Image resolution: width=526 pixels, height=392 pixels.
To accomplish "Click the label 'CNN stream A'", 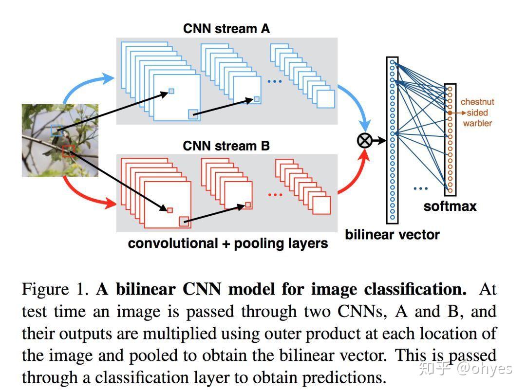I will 226,29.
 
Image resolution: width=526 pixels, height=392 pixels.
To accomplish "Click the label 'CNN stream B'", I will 226,146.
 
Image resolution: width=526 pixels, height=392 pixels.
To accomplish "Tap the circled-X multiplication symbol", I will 364,141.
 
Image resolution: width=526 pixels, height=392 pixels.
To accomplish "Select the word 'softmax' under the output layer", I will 450,206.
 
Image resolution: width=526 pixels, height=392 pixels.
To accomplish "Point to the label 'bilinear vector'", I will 392,234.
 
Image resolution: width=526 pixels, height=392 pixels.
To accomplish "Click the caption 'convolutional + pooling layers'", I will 228,243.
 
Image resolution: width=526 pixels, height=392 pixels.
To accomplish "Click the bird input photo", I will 60,140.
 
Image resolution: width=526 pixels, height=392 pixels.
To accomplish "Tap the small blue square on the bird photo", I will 57,130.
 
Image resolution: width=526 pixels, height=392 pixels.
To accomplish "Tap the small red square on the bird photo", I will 68,150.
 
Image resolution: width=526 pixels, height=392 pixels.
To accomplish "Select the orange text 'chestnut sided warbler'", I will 477,112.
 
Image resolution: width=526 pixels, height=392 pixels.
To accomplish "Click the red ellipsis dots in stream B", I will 275,195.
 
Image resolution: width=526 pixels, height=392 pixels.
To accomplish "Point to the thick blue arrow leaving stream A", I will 355,105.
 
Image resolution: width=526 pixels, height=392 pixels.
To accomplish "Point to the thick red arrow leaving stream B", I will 353,175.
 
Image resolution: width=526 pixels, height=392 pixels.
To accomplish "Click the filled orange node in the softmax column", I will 451,112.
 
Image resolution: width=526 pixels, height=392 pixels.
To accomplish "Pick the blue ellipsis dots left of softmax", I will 420,187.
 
